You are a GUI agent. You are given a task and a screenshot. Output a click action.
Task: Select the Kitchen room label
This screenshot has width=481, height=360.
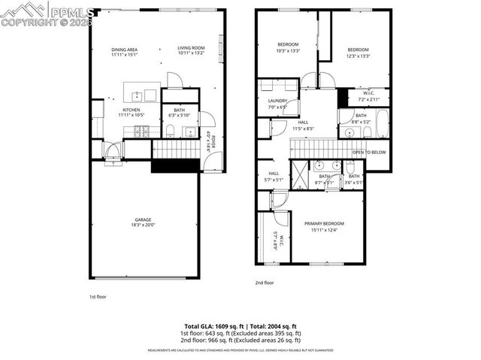(132, 110)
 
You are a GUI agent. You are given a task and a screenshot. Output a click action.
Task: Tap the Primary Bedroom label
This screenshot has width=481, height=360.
(324, 223)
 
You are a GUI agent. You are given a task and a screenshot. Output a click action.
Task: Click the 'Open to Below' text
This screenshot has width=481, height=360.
(368, 152)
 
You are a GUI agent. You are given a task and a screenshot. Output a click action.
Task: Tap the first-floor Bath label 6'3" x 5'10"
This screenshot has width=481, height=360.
(180, 110)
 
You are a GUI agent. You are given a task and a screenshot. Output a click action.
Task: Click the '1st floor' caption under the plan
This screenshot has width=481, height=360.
(98, 297)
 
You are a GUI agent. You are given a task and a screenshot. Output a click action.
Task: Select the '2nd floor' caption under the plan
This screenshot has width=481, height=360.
(265, 283)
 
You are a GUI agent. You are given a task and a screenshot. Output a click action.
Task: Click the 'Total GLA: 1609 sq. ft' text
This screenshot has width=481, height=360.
(213, 326)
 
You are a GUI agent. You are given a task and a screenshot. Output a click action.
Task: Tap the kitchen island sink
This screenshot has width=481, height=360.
(138, 95)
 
